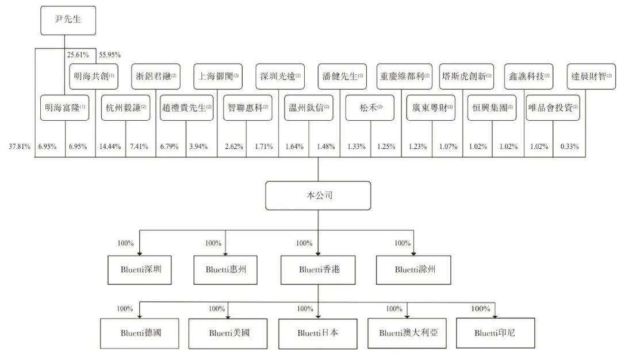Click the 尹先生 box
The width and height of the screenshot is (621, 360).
point(68,21)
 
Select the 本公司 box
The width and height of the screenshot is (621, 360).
point(318,196)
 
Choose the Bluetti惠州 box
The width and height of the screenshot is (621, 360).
point(225,269)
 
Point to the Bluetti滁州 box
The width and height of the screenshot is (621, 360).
point(411,269)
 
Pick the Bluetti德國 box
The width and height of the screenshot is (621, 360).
point(141,332)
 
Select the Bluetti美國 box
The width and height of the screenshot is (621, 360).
point(229,332)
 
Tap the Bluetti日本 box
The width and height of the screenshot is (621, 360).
point(318,332)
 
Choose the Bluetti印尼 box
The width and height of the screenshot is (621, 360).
point(494,332)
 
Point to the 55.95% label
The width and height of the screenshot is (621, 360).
point(109,55)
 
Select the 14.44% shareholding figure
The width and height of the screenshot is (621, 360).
point(110,147)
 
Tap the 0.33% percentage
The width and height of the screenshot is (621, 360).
point(569,147)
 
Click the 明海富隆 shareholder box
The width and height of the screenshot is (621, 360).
point(65,108)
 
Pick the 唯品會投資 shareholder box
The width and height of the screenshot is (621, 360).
point(553,108)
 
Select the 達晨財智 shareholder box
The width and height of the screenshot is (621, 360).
point(589,76)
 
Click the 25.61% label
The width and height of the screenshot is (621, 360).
point(78,55)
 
